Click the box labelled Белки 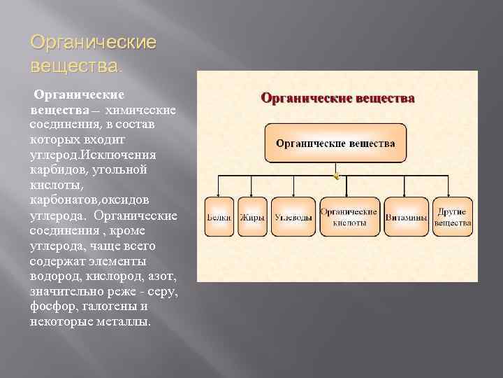[219, 217]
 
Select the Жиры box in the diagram [252, 217]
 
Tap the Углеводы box [293, 217]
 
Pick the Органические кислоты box [349, 217]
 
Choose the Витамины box [406, 217]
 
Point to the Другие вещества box [453, 217]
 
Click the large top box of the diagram [335, 143]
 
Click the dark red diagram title [338, 98]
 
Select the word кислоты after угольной [52, 185]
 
